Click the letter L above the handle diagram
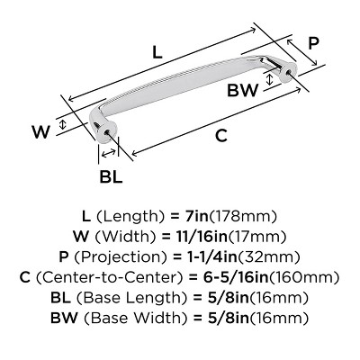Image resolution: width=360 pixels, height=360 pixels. point(158,53)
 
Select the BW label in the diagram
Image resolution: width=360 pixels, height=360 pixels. point(242,89)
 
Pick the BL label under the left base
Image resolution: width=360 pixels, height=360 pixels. point(111,177)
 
